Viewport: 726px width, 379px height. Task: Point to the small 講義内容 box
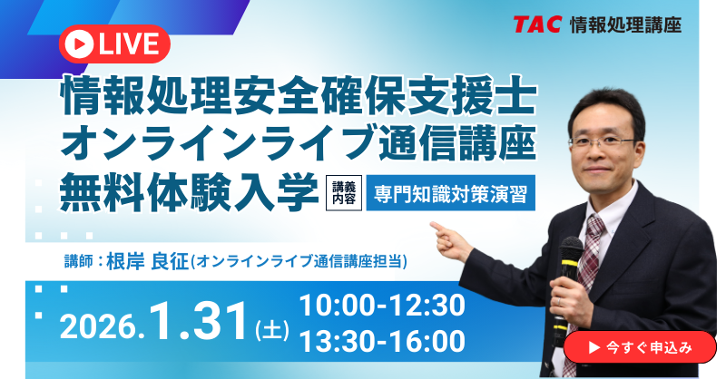coord(343,193)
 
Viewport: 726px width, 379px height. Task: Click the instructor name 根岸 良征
coord(147,259)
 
